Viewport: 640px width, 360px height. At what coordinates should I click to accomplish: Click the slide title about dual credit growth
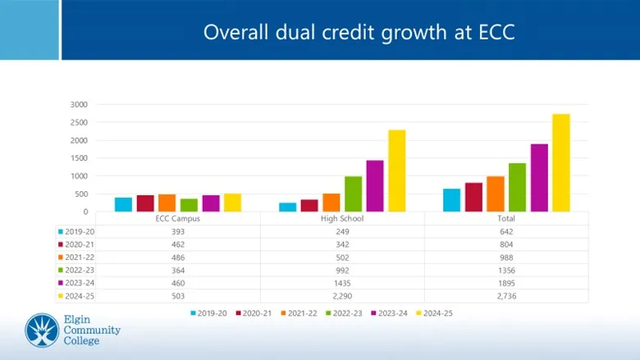point(359,32)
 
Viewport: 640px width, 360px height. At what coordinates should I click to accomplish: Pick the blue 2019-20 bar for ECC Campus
point(123,204)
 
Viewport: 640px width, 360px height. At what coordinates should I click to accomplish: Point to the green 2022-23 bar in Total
point(517,188)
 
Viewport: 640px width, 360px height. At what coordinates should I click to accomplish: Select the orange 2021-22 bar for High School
point(331,203)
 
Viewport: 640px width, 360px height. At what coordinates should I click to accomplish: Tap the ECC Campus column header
point(178,219)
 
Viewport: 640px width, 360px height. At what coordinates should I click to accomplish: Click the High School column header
point(342,219)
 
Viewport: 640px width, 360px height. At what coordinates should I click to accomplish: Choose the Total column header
point(506,219)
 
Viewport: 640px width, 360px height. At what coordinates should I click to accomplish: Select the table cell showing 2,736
point(506,296)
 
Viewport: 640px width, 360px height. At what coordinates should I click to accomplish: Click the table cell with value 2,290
point(342,296)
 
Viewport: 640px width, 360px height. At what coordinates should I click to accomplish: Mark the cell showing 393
point(178,232)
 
